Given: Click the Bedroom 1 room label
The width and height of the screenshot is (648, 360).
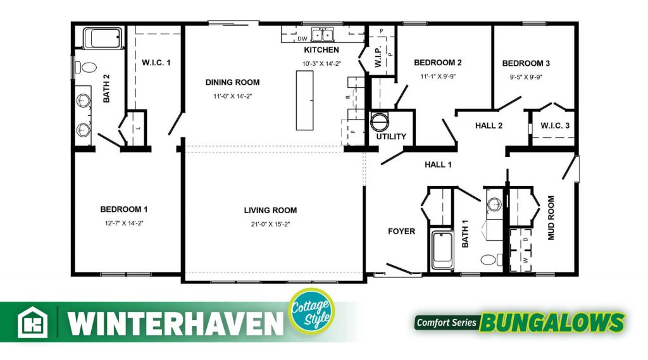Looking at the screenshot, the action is click(x=123, y=209).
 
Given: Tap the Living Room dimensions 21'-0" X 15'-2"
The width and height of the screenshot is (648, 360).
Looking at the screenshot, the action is click(x=270, y=224).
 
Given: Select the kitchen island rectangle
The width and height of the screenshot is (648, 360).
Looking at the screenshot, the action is click(x=304, y=101).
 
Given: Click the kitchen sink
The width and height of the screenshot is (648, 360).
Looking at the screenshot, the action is click(x=323, y=35).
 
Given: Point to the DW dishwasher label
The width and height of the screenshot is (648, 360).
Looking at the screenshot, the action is click(x=302, y=39).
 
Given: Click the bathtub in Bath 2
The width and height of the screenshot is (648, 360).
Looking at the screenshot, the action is click(x=103, y=38).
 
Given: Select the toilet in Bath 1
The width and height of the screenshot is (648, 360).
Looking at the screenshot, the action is click(x=491, y=259).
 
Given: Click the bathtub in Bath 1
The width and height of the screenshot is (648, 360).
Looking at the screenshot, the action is click(x=442, y=251).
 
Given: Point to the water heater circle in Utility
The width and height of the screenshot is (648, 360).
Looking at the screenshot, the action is click(x=380, y=121).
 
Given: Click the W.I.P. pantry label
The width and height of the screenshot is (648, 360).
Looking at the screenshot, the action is click(x=378, y=56).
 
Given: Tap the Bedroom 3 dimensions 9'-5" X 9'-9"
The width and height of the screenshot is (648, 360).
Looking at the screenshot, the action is click(x=526, y=77).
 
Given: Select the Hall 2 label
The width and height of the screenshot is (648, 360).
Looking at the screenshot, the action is click(x=489, y=126).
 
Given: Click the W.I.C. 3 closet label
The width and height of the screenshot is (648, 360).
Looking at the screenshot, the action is click(x=555, y=125).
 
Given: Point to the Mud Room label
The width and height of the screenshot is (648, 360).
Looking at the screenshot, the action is click(x=551, y=218).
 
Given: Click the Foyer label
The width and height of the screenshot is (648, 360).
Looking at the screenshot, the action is click(x=401, y=232).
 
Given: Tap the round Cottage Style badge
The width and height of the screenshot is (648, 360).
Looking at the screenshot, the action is click(x=311, y=311).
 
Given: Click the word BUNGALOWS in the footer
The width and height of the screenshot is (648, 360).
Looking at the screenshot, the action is click(x=552, y=323).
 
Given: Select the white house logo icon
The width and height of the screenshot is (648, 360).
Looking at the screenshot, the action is click(x=32, y=323).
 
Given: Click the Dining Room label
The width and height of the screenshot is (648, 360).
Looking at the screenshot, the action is click(x=233, y=82).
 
